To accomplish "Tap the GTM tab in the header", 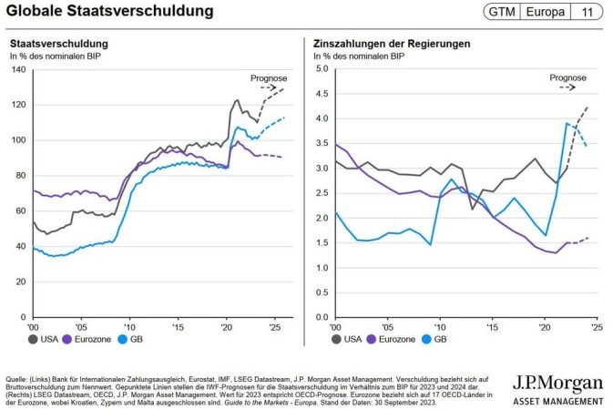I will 504,12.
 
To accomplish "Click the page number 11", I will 587,12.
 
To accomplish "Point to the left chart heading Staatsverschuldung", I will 59,44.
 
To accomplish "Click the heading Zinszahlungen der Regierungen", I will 392,44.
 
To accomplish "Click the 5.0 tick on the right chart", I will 320,68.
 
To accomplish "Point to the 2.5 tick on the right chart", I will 320,193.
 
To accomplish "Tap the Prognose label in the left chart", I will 269,77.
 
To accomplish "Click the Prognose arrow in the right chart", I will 567,88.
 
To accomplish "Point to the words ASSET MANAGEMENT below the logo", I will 557,400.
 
